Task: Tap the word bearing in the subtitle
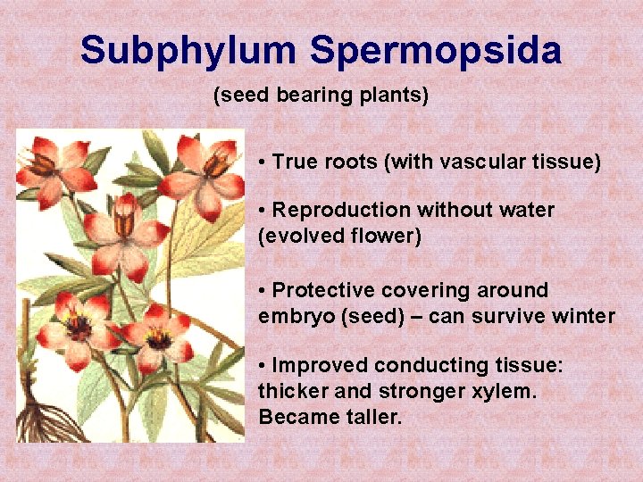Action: pyautogui.click(x=304, y=95)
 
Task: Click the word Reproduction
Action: pyautogui.click(x=340, y=211)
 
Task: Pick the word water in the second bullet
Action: pyautogui.click(x=528, y=211)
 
